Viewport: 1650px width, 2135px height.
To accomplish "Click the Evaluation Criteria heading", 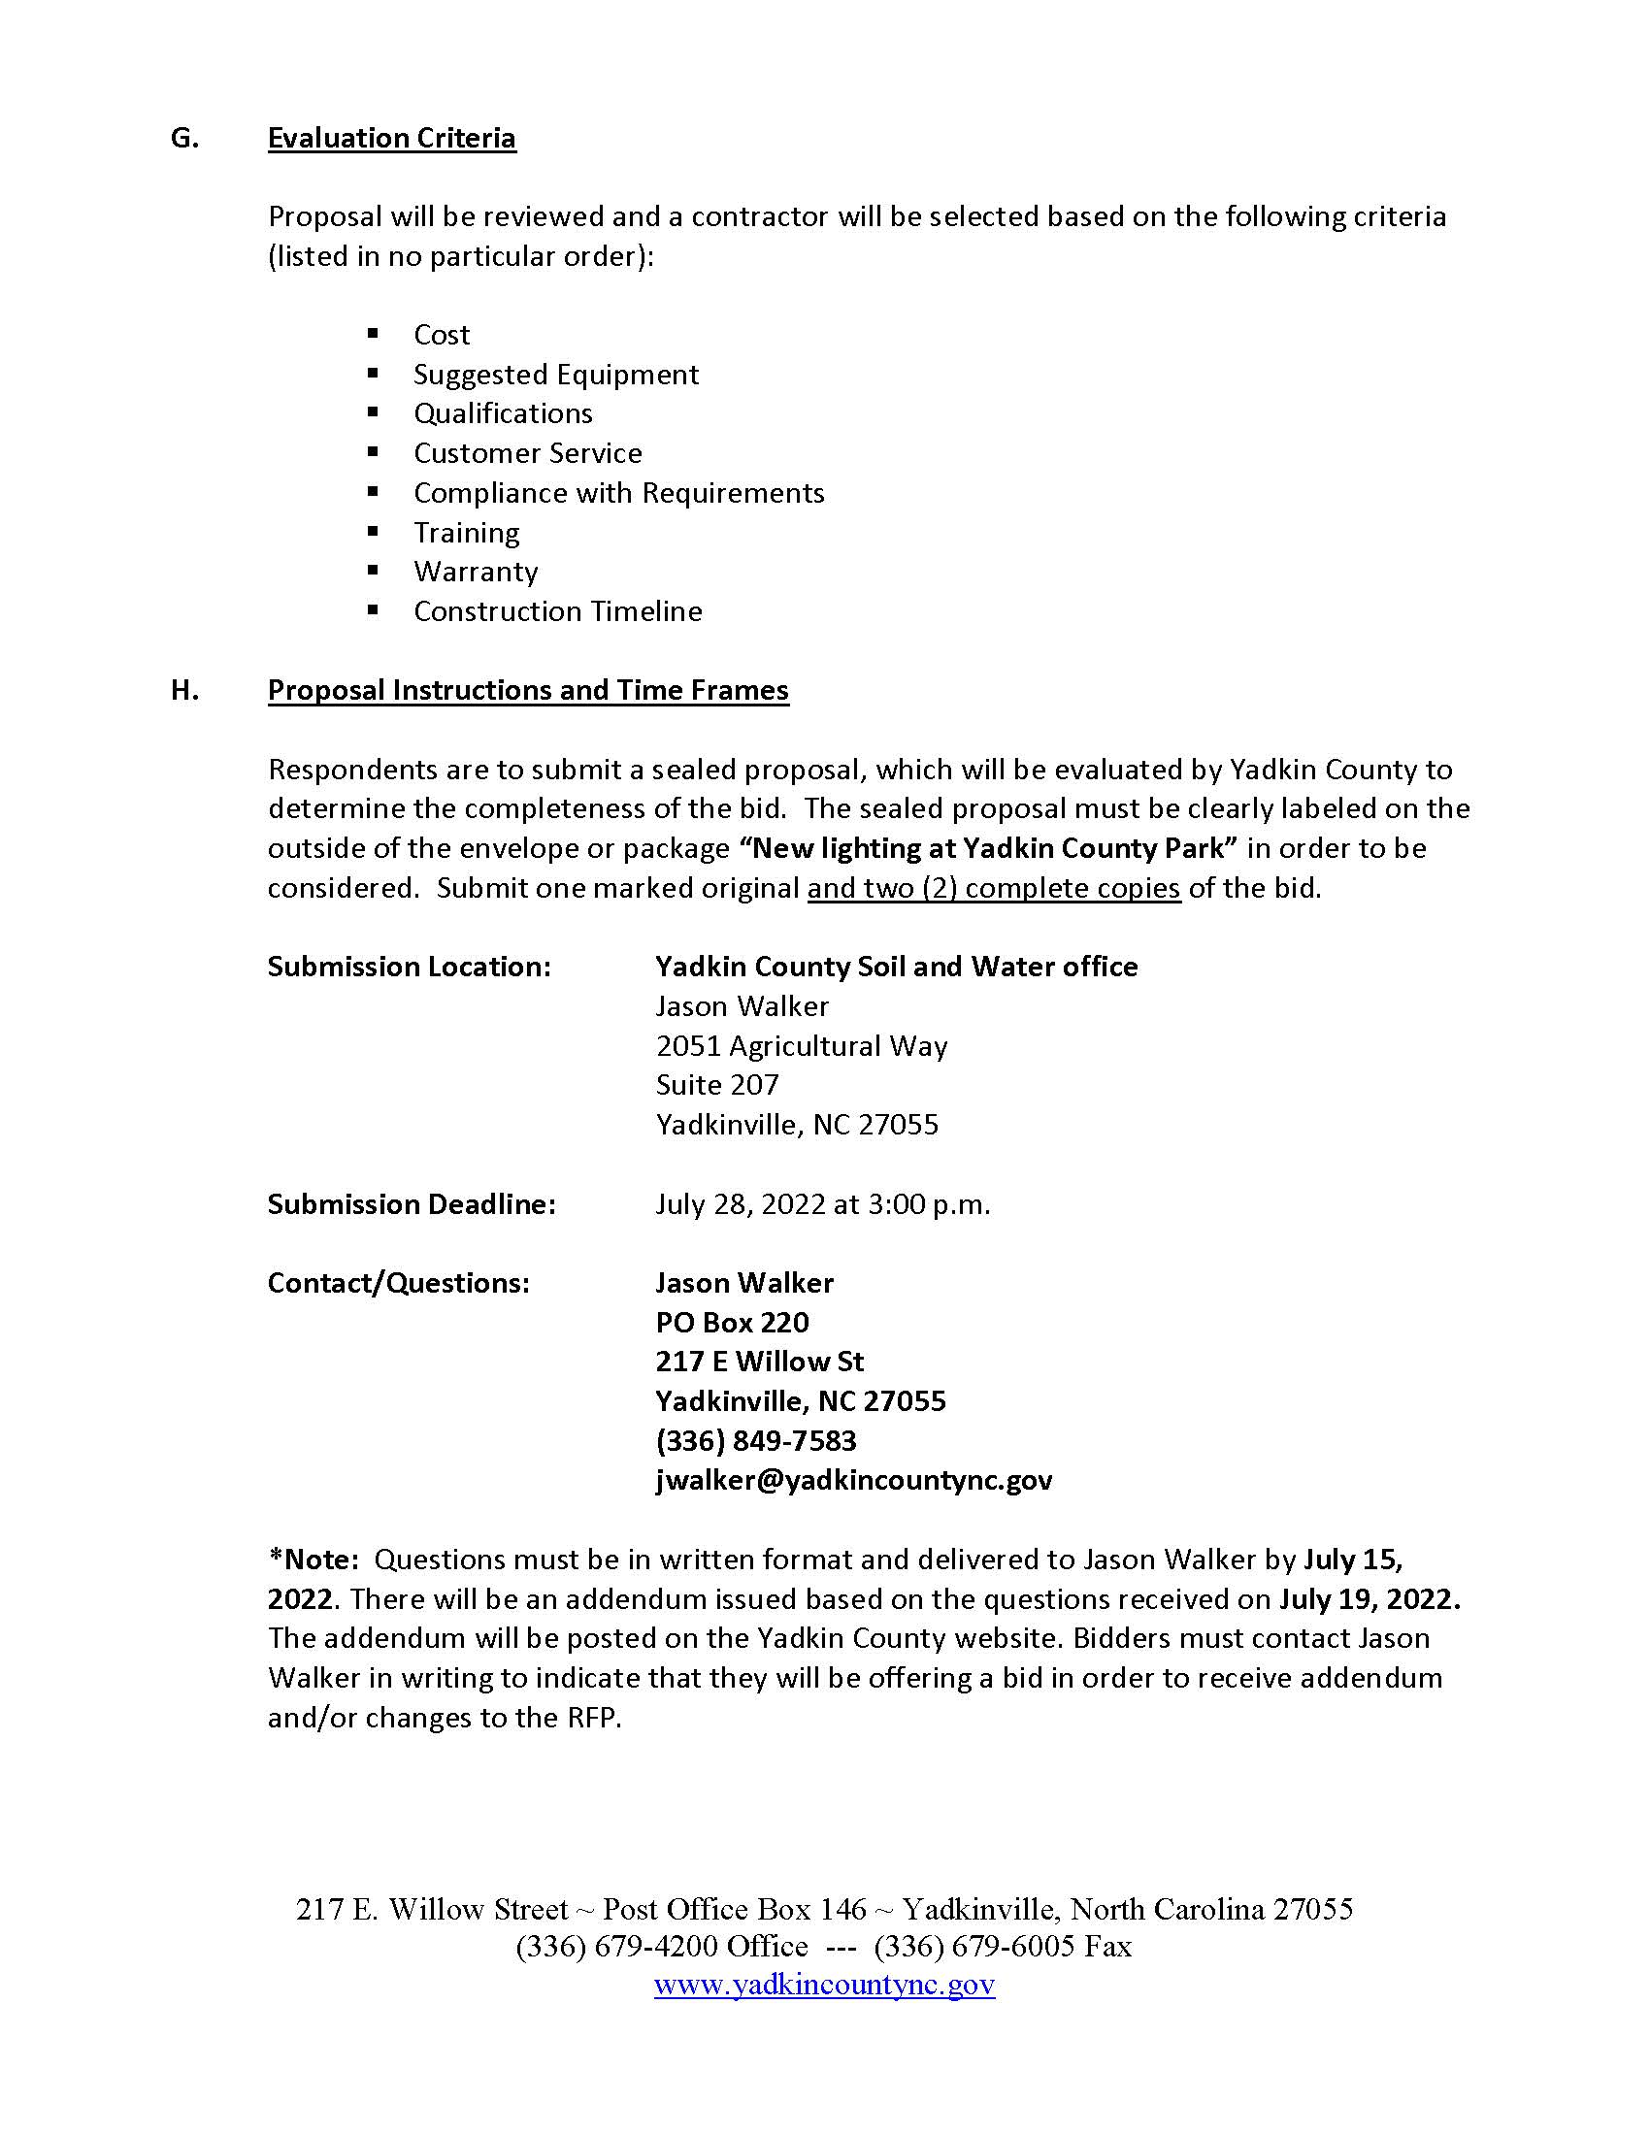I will tap(391, 138).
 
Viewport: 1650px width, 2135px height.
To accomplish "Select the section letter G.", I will tap(183, 138).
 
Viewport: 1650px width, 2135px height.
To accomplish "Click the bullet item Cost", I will tap(441, 335).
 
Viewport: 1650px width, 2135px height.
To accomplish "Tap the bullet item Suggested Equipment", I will tap(555, 375).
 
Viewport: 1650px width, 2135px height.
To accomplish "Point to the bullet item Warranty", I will tap(475, 571).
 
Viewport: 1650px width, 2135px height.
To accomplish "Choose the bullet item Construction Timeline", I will tap(557, 611).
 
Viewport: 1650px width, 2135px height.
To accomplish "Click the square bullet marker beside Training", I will tap(373, 531).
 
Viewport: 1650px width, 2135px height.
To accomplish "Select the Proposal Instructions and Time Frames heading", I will tap(528, 690).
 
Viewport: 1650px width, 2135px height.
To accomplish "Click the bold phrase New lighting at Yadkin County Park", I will tap(988, 847).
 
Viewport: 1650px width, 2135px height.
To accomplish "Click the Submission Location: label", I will tap(409, 967).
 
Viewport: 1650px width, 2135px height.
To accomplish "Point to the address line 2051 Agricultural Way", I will tap(802, 1046).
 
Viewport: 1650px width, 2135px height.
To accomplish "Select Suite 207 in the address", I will tap(716, 1085).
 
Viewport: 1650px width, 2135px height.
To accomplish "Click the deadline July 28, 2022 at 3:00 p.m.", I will tap(822, 1203).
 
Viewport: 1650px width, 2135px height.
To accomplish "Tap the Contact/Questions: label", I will tap(398, 1283).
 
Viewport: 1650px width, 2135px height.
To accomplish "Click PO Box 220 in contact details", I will tap(732, 1323).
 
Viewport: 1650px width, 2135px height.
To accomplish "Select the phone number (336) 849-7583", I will tap(755, 1441).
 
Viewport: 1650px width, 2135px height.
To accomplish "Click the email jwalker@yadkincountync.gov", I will tap(853, 1480).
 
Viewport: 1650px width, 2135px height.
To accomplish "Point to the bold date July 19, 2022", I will tap(1369, 1599).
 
